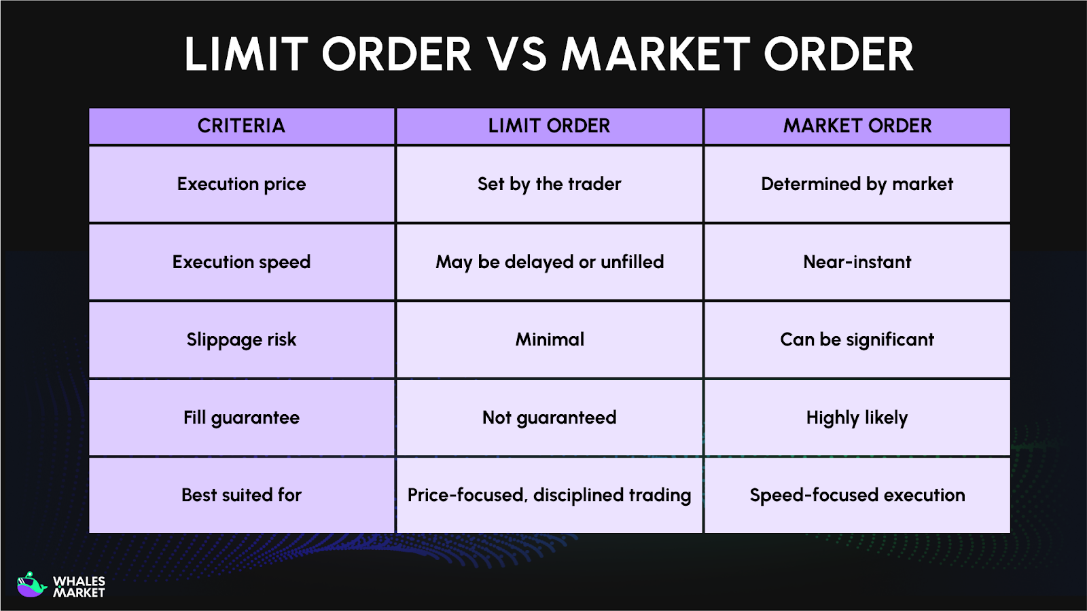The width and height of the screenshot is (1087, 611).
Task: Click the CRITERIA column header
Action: [241, 126]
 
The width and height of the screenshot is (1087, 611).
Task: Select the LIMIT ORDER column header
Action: [549, 126]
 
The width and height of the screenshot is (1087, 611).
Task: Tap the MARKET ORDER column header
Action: [857, 126]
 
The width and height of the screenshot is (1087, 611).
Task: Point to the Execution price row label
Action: [241, 184]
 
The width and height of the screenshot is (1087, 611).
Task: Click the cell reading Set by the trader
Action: [549, 184]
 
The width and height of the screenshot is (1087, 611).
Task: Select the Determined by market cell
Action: [857, 184]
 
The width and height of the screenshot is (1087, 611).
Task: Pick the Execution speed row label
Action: [241, 262]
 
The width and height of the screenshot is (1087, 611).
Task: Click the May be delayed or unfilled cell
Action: [549, 262]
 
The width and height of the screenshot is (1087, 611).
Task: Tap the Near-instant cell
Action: [857, 262]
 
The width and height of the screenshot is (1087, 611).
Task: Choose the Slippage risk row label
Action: [241, 339]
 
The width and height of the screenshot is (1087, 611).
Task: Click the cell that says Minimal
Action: [549, 339]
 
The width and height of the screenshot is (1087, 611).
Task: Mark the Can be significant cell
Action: [857, 339]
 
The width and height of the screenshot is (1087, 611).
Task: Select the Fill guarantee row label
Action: [241, 418]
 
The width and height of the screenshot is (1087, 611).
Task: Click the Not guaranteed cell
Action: [549, 418]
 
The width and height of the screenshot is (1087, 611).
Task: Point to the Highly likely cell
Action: [857, 418]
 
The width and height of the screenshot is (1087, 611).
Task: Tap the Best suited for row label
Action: [241, 495]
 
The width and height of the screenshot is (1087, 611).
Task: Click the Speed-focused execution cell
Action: [857, 495]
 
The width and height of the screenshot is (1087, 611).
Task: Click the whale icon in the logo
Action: [31, 585]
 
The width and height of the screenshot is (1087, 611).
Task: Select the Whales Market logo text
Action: [79, 587]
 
